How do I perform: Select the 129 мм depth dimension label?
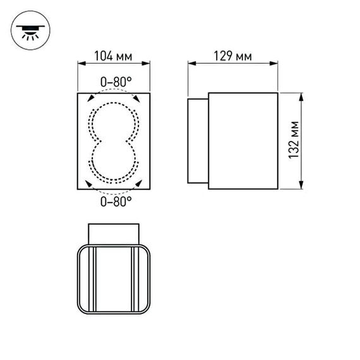pyautogui.click(x=233, y=57)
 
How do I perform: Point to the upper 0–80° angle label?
pyautogui.click(x=115, y=81)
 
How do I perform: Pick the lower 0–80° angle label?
pyautogui.click(x=115, y=201)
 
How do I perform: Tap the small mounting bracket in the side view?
pyautogui.click(x=198, y=141)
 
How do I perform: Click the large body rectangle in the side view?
pyautogui.click(x=243, y=141)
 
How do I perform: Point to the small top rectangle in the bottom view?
pyautogui.click(x=114, y=233)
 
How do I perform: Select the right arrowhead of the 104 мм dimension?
pyautogui.click(x=150, y=64)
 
